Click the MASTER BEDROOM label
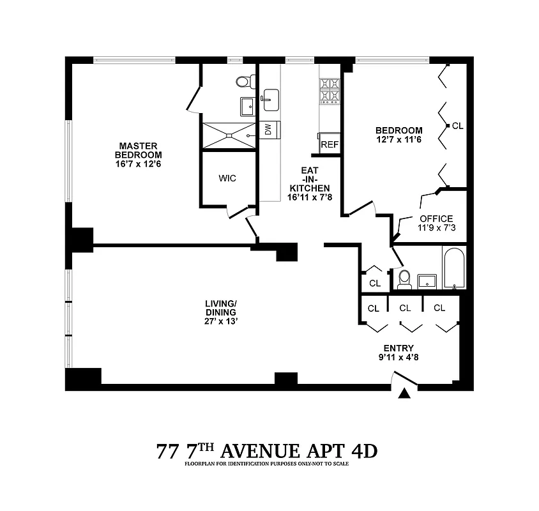coord(138,151)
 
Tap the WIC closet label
coord(227,178)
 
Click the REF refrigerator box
coord(330,145)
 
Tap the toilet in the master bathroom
coord(243,81)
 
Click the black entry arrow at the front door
coord(404,394)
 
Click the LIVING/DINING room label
coord(221,307)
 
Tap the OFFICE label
coord(436,218)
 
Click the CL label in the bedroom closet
coord(457,126)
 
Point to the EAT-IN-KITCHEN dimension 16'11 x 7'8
coord(310,198)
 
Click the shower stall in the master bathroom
coord(228,135)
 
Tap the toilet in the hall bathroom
coord(404,278)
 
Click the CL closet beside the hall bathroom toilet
coord(374,282)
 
